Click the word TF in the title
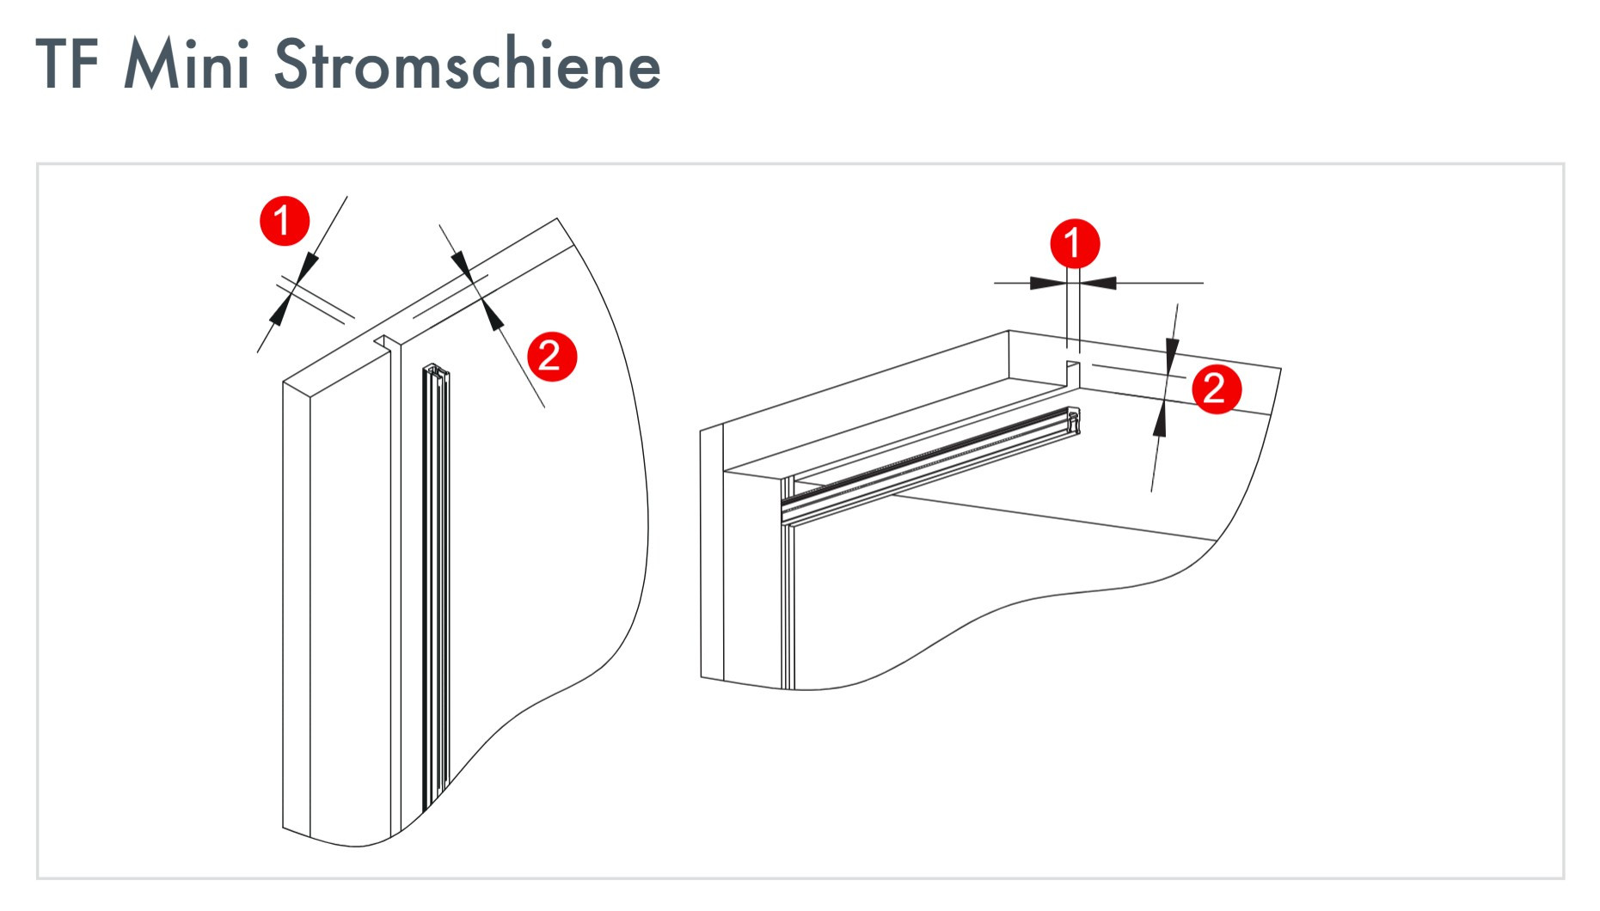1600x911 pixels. [x=65, y=64]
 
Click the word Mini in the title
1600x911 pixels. [x=187, y=64]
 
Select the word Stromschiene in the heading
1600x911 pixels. [x=468, y=64]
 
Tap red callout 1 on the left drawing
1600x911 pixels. [x=285, y=221]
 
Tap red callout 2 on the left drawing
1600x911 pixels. [x=551, y=356]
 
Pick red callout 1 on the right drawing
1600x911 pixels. [x=1075, y=242]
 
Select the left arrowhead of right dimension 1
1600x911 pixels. [x=1048, y=282]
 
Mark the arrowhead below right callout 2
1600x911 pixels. [x=1160, y=421]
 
